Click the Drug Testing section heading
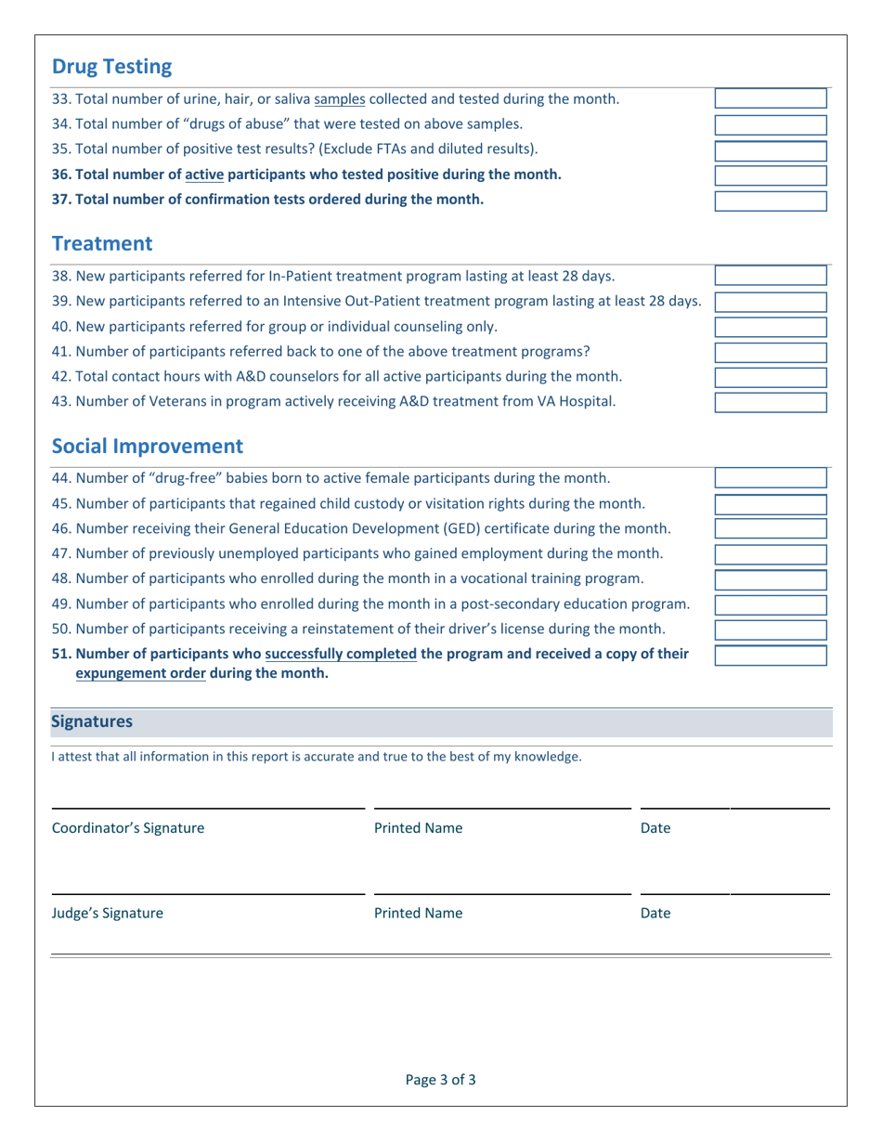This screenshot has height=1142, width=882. tap(111, 67)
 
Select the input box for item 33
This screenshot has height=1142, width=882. tap(770, 99)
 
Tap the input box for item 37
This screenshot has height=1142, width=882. tap(770, 201)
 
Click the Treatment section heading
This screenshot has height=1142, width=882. tap(101, 244)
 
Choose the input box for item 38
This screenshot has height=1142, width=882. tap(770, 276)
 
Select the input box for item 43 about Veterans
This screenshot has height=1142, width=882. tap(770, 402)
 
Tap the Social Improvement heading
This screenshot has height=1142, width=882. tap(147, 446)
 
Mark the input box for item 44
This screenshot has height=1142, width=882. tap(770, 478)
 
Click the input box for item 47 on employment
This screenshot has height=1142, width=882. tap(770, 554)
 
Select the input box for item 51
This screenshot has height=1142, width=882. tap(770, 655)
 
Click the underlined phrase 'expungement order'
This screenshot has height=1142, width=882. tap(141, 674)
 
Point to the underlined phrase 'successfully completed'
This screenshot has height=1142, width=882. tap(341, 654)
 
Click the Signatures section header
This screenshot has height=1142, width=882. tap(91, 721)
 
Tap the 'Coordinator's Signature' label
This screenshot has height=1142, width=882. tap(128, 828)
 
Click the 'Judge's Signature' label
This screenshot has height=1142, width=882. tap(108, 913)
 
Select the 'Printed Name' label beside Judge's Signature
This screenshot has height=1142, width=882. tap(418, 913)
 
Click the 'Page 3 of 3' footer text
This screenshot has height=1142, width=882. tap(441, 1080)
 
